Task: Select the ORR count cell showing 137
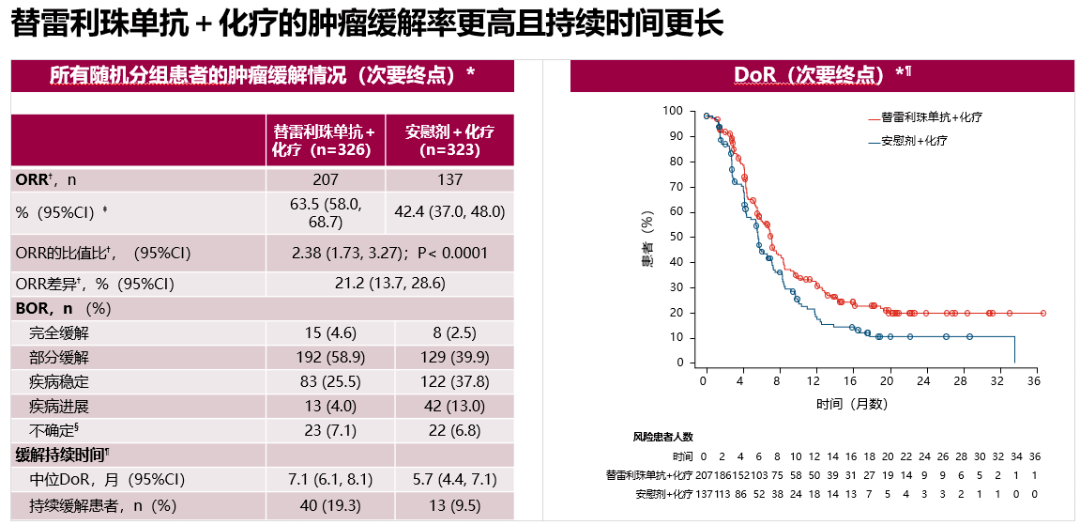(449, 180)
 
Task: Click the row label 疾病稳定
(59, 381)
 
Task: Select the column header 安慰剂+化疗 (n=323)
(449, 141)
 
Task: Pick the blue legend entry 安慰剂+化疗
(914, 141)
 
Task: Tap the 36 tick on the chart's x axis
(1034, 382)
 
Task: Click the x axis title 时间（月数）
(850, 404)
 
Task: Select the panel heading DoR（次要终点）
(816, 75)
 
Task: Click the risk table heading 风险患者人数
(662, 437)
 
